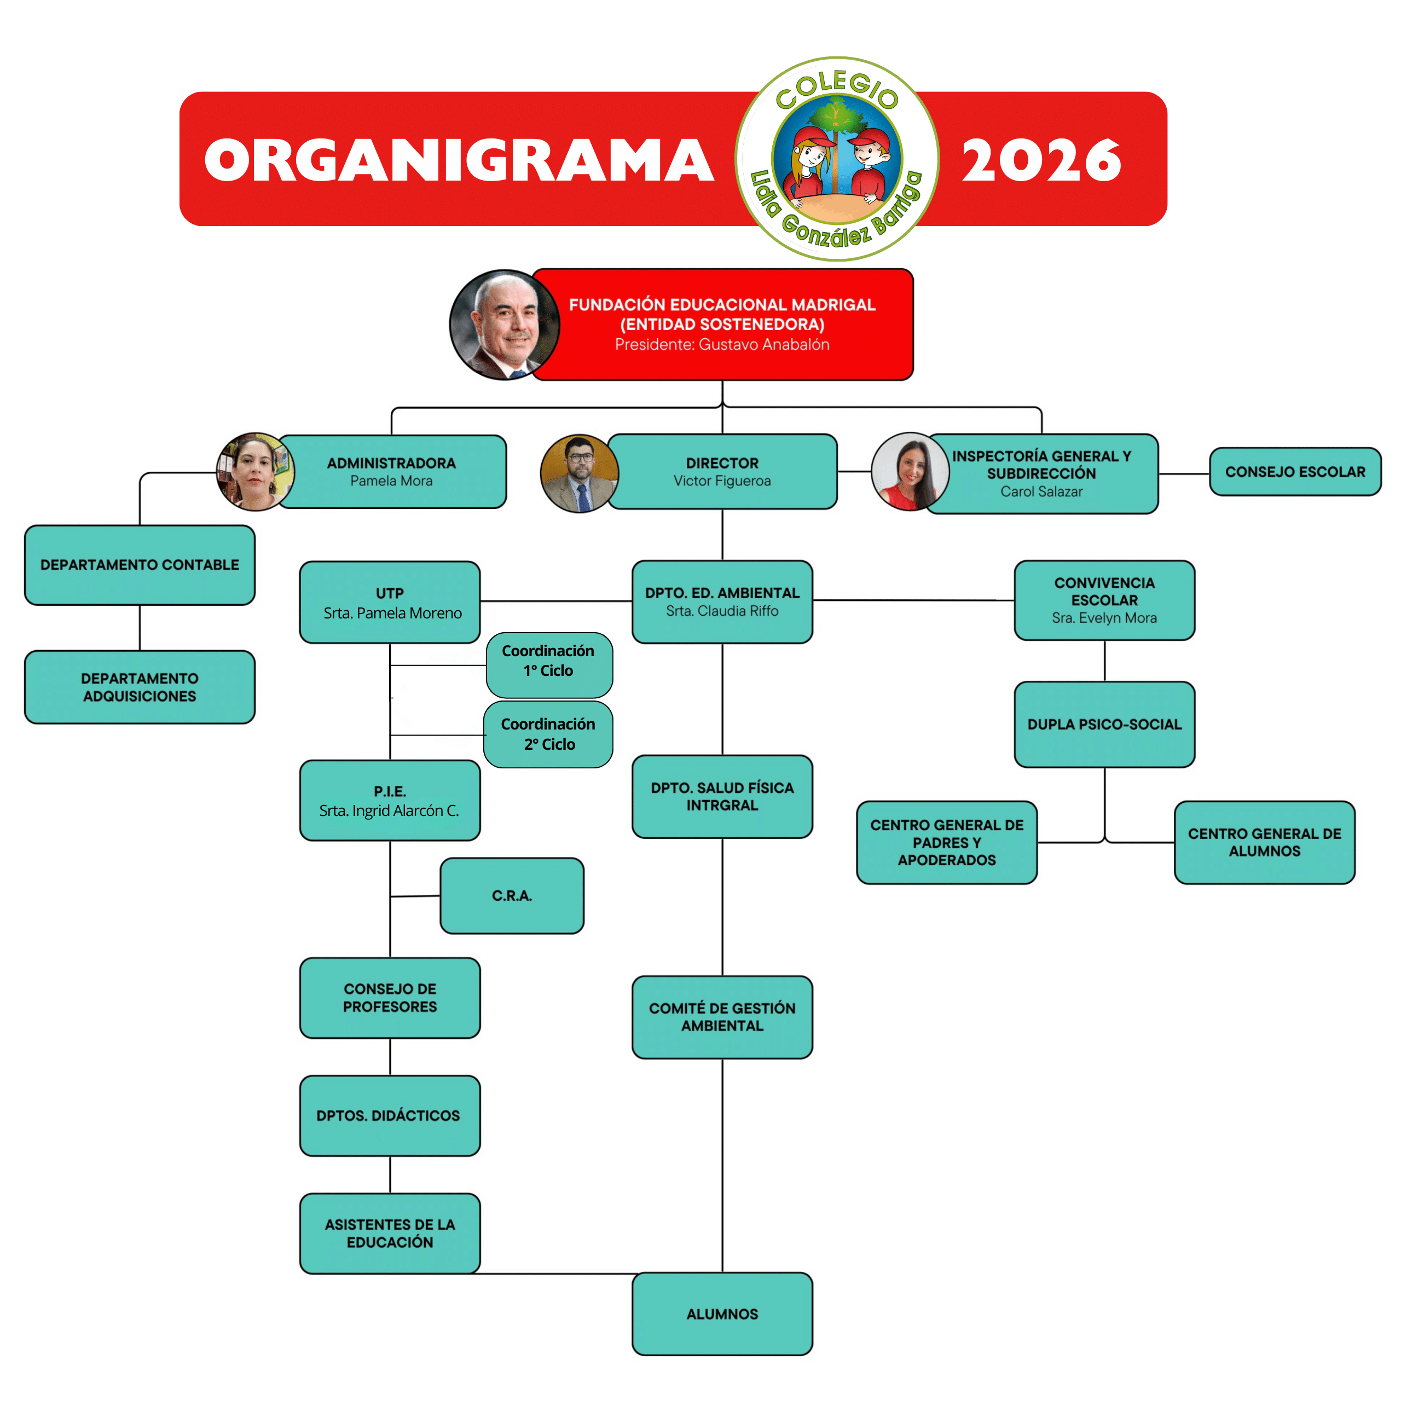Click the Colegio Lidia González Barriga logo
[837, 159]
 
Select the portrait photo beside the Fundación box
[504, 325]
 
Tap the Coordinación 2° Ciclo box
[548, 734]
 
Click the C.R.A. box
[511, 895]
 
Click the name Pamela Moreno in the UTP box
[392, 613]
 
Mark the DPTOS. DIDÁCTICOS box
[390, 1115]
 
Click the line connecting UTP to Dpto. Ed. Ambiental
[555, 601]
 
